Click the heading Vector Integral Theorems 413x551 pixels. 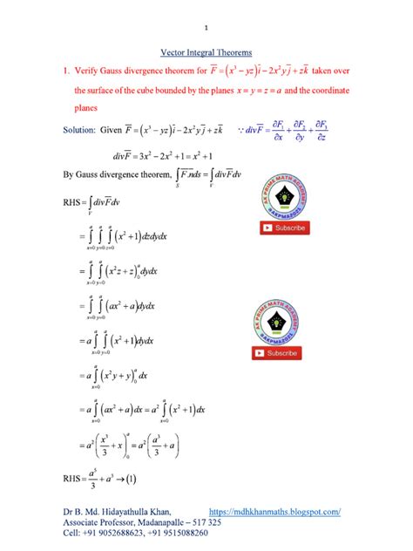click(x=206, y=52)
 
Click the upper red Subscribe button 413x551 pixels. click(x=284, y=228)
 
